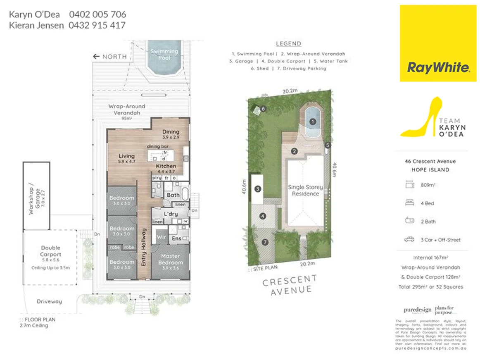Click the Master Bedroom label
pyautogui.click(x=170, y=259)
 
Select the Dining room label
pyautogui.click(x=171, y=132)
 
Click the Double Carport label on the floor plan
pyautogui.click(x=50, y=251)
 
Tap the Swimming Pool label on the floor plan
pyautogui.click(x=164, y=54)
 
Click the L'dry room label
pyautogui.click(x=171, y=214)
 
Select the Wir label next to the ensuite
pyautogui.click(x=161, y=238)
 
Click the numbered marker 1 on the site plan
pyautogui.click(x=313, y=122)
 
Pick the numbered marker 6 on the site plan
pyautogui.click(x=263, y=109)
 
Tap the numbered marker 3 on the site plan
pyautogui.click(x=258, y=189)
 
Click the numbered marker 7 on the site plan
pyautogui.click(x=265, y=242)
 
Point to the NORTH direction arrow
pyautogui.click(x=96, y=57)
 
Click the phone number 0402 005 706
pyautogui.click(x=97, y=14)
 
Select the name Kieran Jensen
pyautogui.click(x=36, y=25)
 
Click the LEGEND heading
pyautogui.click(x=288, y=44)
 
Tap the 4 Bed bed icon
pyautogui.click(x=410, y=203)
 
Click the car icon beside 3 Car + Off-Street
pyautogui.click(x=410, y=239)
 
